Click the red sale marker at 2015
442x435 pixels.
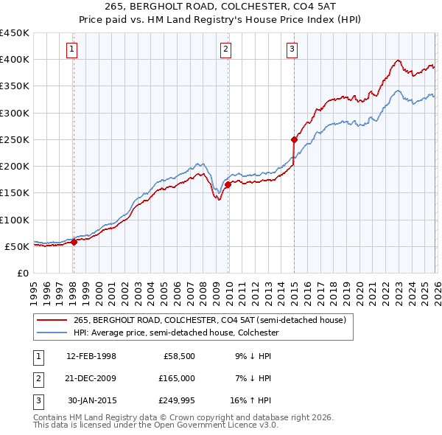pyautogui.click(x=294, y=139)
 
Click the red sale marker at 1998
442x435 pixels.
pyautogui.click(x=74, y=241)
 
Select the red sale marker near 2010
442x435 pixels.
pyautogui.click(x=228, y=184)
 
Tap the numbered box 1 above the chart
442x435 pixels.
pyautogui.click(x=72, y=49)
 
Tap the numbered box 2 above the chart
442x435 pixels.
pyautogui.click(x=225, y=49)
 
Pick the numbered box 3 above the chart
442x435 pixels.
pyautogui.click(x=292, y=49)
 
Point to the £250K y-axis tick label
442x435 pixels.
pyautogui.click(x=15, y=139)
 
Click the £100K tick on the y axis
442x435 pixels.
pyautogui.click(x=15, y=220)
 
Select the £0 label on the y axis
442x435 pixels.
pyautogui.click(x=24, y=273)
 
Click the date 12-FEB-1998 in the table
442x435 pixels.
pyautogui.click(x=91, y=356)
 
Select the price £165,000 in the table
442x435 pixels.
pyautogui.click(x=177, y=378)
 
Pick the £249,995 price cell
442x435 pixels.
pyautogui.click(x=177, y=400)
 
